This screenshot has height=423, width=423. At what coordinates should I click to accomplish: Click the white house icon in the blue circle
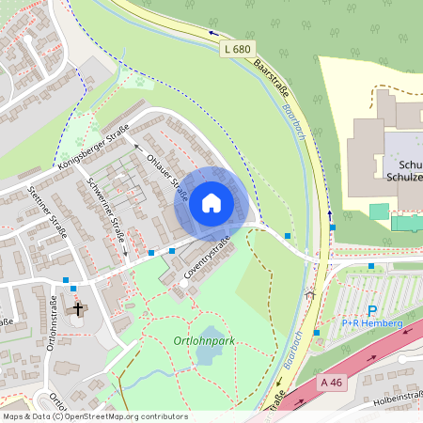[211, 202]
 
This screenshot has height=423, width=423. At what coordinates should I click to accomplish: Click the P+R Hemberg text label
[373, 323]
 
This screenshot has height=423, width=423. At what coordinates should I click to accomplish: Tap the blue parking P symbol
[372, 310]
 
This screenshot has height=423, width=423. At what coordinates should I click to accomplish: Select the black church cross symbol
[78, 308]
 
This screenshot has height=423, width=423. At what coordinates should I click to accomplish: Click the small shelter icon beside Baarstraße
[310, 294]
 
